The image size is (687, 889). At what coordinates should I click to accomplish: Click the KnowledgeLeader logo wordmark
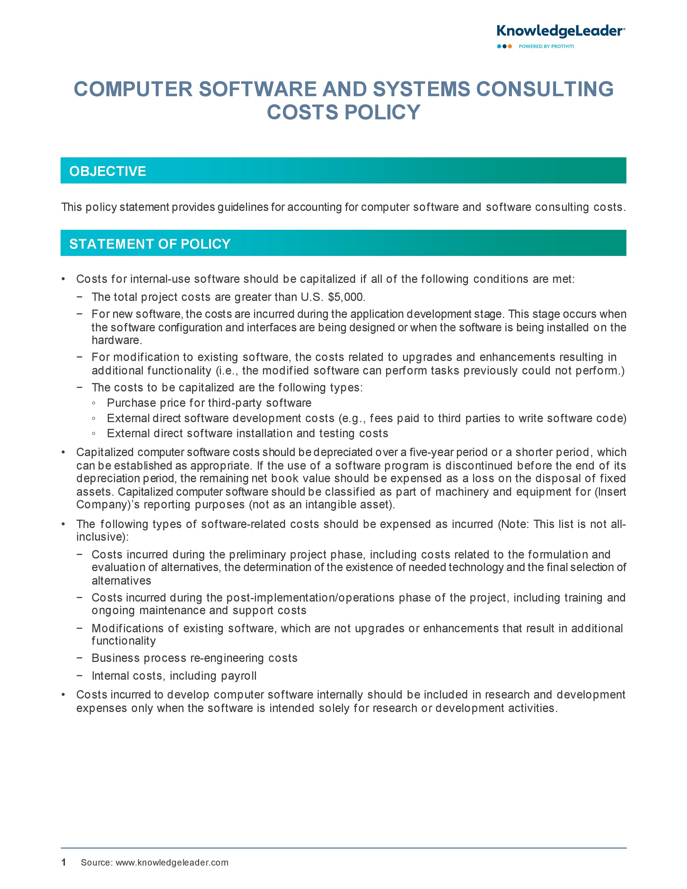point(560,31)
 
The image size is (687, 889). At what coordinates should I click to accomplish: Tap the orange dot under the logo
point(510,46)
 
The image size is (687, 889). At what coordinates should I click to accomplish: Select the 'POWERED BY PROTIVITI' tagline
point(546,46)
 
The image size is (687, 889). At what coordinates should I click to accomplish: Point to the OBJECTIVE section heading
point(107,171)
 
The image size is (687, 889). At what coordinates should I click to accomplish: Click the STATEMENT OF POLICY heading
point(150,244)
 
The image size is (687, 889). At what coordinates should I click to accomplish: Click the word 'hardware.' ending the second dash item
point(117,340)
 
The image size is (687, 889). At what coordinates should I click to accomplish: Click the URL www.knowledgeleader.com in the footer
point(172,863)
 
